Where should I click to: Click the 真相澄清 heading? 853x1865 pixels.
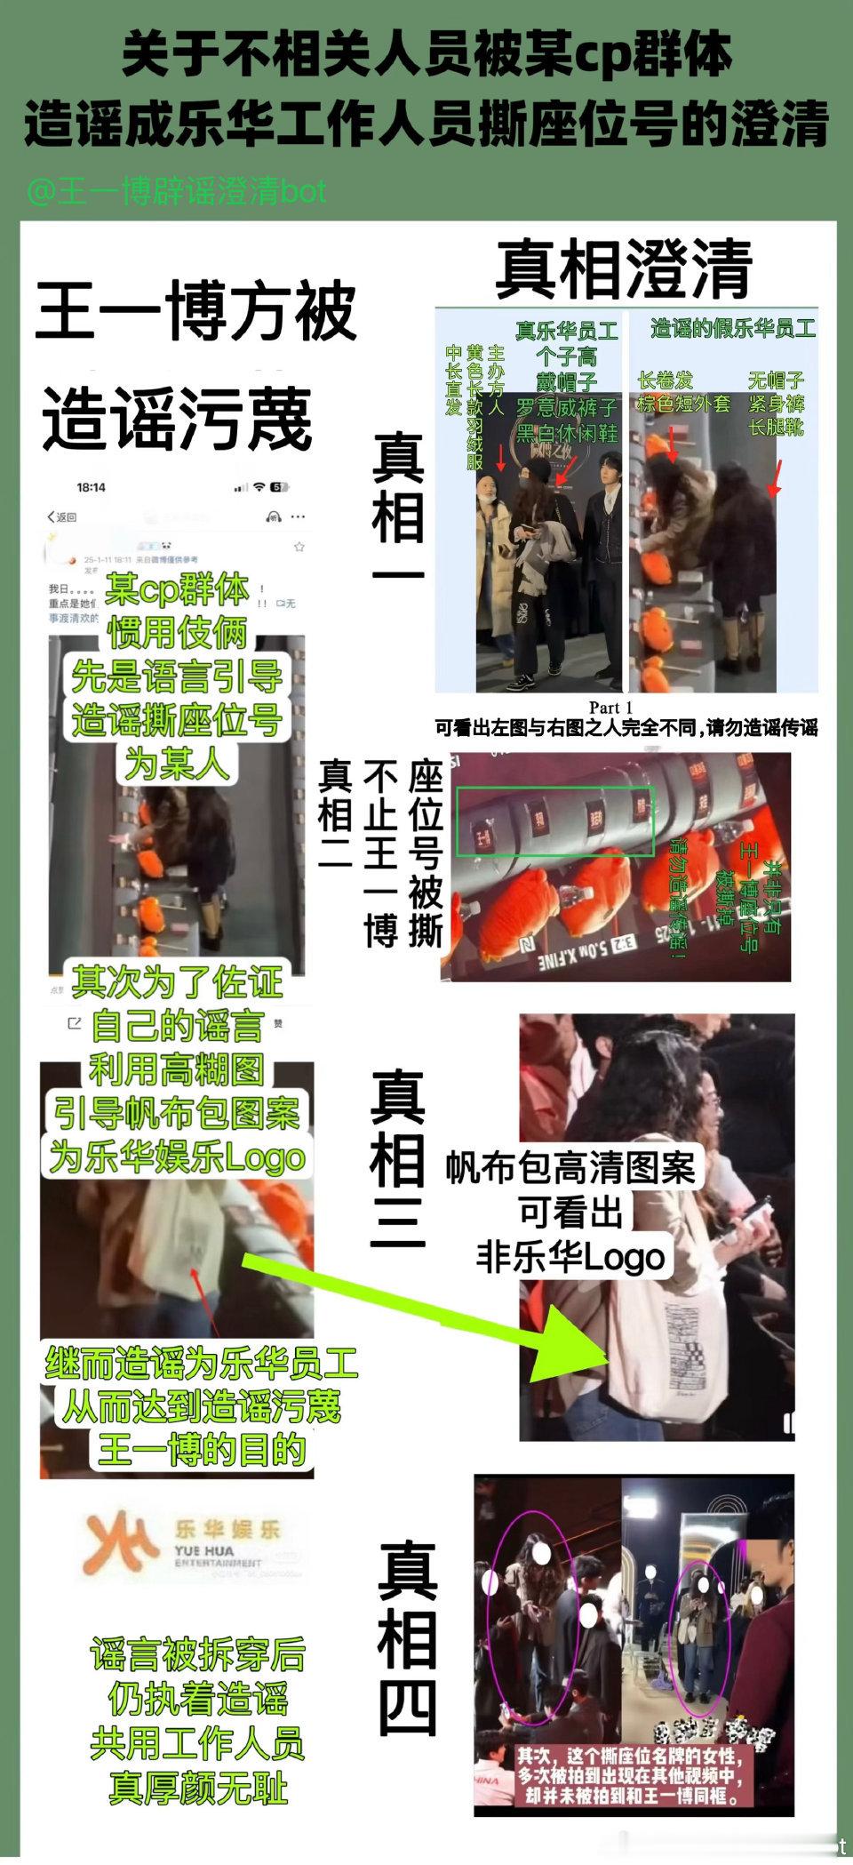coord(624,268)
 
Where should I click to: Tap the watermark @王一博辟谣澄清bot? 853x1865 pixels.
coord(177,191)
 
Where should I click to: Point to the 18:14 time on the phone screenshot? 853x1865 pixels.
coord(91,487)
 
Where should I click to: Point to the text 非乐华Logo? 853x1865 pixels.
coord(570,1257)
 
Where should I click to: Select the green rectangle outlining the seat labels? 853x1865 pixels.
coord(554,820)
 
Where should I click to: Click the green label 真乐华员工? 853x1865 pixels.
coord(567,332)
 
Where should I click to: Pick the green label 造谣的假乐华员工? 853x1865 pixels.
coord(733,328)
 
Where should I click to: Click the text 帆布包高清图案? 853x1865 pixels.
coord(570,1167)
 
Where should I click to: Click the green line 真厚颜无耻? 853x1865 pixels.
coord(197,1787)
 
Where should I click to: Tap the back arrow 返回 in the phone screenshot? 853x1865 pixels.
coord(62,516)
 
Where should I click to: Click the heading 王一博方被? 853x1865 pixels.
coord(195,310)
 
